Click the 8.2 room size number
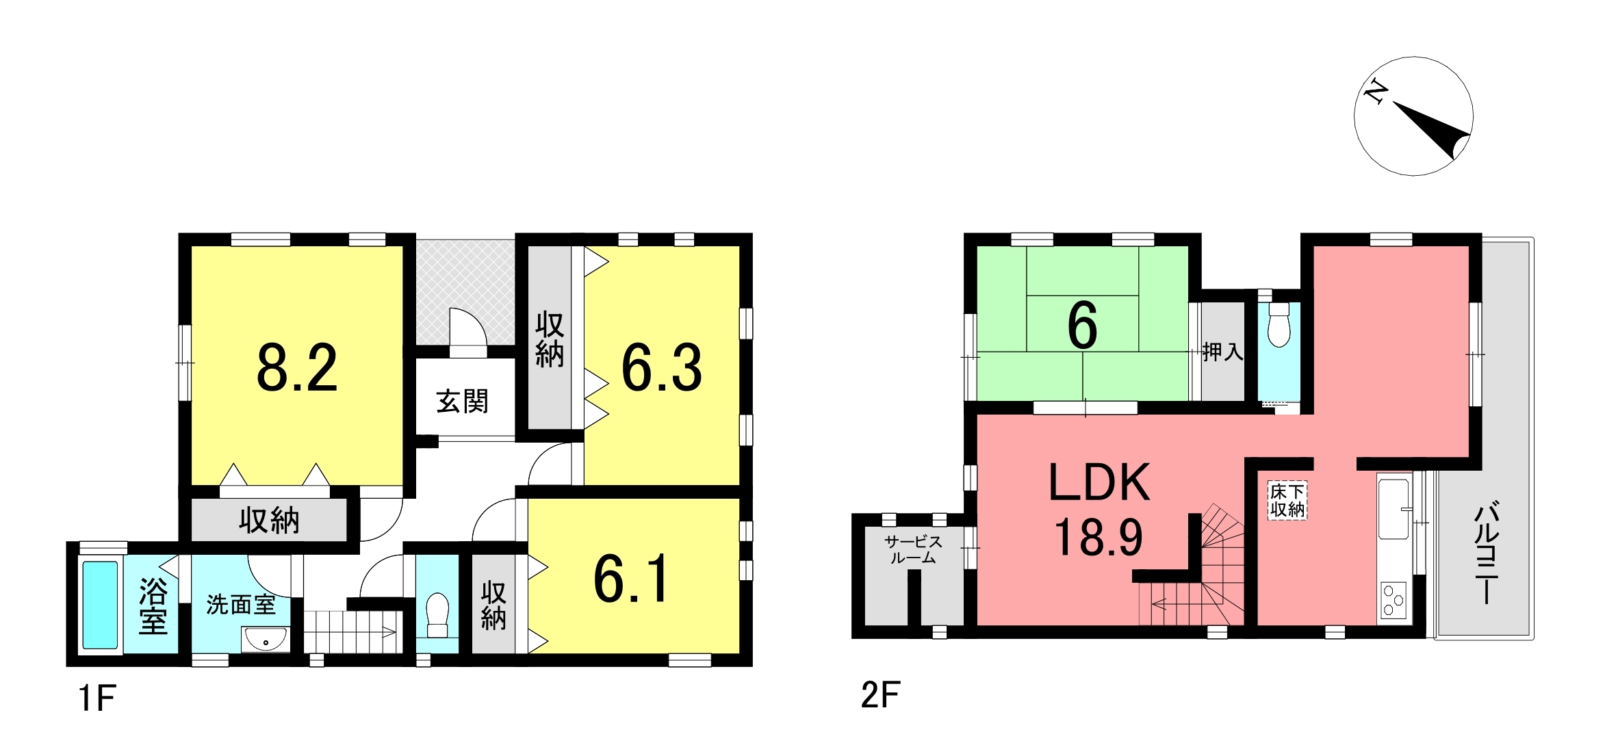(297, 368)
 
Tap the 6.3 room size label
(662, 368)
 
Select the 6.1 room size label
(631, 579)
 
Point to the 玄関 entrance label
(463, 402)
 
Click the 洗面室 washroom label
(241, 605)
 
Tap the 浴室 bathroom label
(153, 607)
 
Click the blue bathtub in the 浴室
(100, 605)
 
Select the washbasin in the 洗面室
(266, 640)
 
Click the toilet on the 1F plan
(437, 615)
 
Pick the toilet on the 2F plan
(1279, 325)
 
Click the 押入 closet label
(1222, 352)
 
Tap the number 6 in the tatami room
(1082, 326)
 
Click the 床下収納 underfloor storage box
(1287, 501)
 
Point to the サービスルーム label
(913, 550)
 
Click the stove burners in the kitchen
(1393, 600)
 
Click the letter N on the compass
(1375, 92)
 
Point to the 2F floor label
(880, 696)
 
